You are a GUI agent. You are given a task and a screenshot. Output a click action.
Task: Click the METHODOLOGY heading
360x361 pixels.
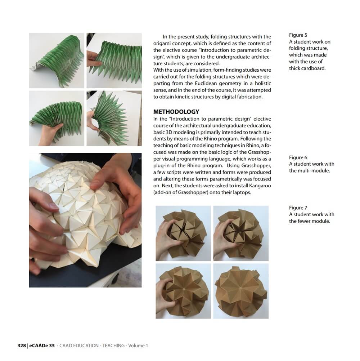pos(176,112)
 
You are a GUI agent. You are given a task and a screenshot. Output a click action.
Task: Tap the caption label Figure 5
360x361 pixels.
pos(298,35)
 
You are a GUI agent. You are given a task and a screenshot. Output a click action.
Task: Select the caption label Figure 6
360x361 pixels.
pos(298,157)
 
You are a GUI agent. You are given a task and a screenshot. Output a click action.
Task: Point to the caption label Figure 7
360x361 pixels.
pos(298,208)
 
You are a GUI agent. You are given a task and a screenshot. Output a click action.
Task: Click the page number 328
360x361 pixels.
pos(22,346)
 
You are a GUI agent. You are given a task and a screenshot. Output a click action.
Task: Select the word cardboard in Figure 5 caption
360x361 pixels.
pos(314,68)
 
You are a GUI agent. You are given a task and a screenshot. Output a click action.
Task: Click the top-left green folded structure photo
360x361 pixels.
pos(57,61)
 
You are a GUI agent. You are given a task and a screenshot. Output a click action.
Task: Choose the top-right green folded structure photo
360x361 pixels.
pos(114,61)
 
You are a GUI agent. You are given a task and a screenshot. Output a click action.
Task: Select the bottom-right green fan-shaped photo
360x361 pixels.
pos(114,118)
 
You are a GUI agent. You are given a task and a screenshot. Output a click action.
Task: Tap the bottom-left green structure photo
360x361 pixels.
pos(57,118)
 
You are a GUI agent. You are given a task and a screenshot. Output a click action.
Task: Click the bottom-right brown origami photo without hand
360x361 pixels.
pos(241,291)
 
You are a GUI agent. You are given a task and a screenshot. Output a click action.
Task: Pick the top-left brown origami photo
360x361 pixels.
pos(183,233)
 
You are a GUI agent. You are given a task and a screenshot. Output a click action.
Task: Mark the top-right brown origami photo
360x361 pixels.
pos(241,233)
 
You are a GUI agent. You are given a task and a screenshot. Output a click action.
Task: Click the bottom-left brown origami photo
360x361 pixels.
pos(183,291)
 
